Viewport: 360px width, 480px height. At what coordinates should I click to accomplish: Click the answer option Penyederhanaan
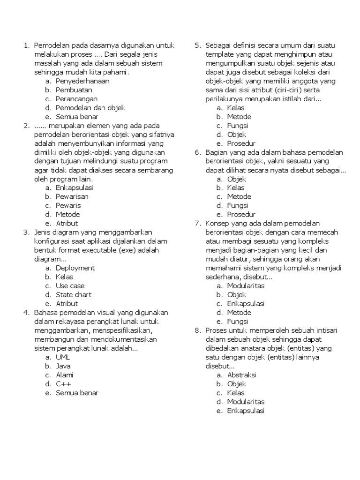[x=82, y=81]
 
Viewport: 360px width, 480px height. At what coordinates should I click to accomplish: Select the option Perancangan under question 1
[x=76, y=99]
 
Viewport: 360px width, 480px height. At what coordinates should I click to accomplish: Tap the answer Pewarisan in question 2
[x=72, y=196]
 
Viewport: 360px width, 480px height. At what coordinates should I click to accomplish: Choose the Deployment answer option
[x=75, y=268]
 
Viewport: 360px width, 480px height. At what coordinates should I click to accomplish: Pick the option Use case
[x=70, y=286]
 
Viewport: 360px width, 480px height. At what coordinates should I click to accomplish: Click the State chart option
[x=74, y=295]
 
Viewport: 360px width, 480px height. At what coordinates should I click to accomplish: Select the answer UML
[x=62, y=357]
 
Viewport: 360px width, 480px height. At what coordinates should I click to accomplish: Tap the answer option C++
[x=63, y=384]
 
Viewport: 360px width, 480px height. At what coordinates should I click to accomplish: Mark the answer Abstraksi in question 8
[x=241, y=375]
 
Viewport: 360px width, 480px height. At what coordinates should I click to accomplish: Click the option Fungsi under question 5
[x=238, y=126]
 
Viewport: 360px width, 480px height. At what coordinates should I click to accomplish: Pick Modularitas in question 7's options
[x=246, y=286]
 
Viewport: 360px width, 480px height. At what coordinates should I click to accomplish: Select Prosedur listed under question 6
[x=241, y=215]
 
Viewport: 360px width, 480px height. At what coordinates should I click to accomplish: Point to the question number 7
[x=197, y=224]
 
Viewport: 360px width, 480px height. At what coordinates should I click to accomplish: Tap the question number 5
[x=197, y=45]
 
